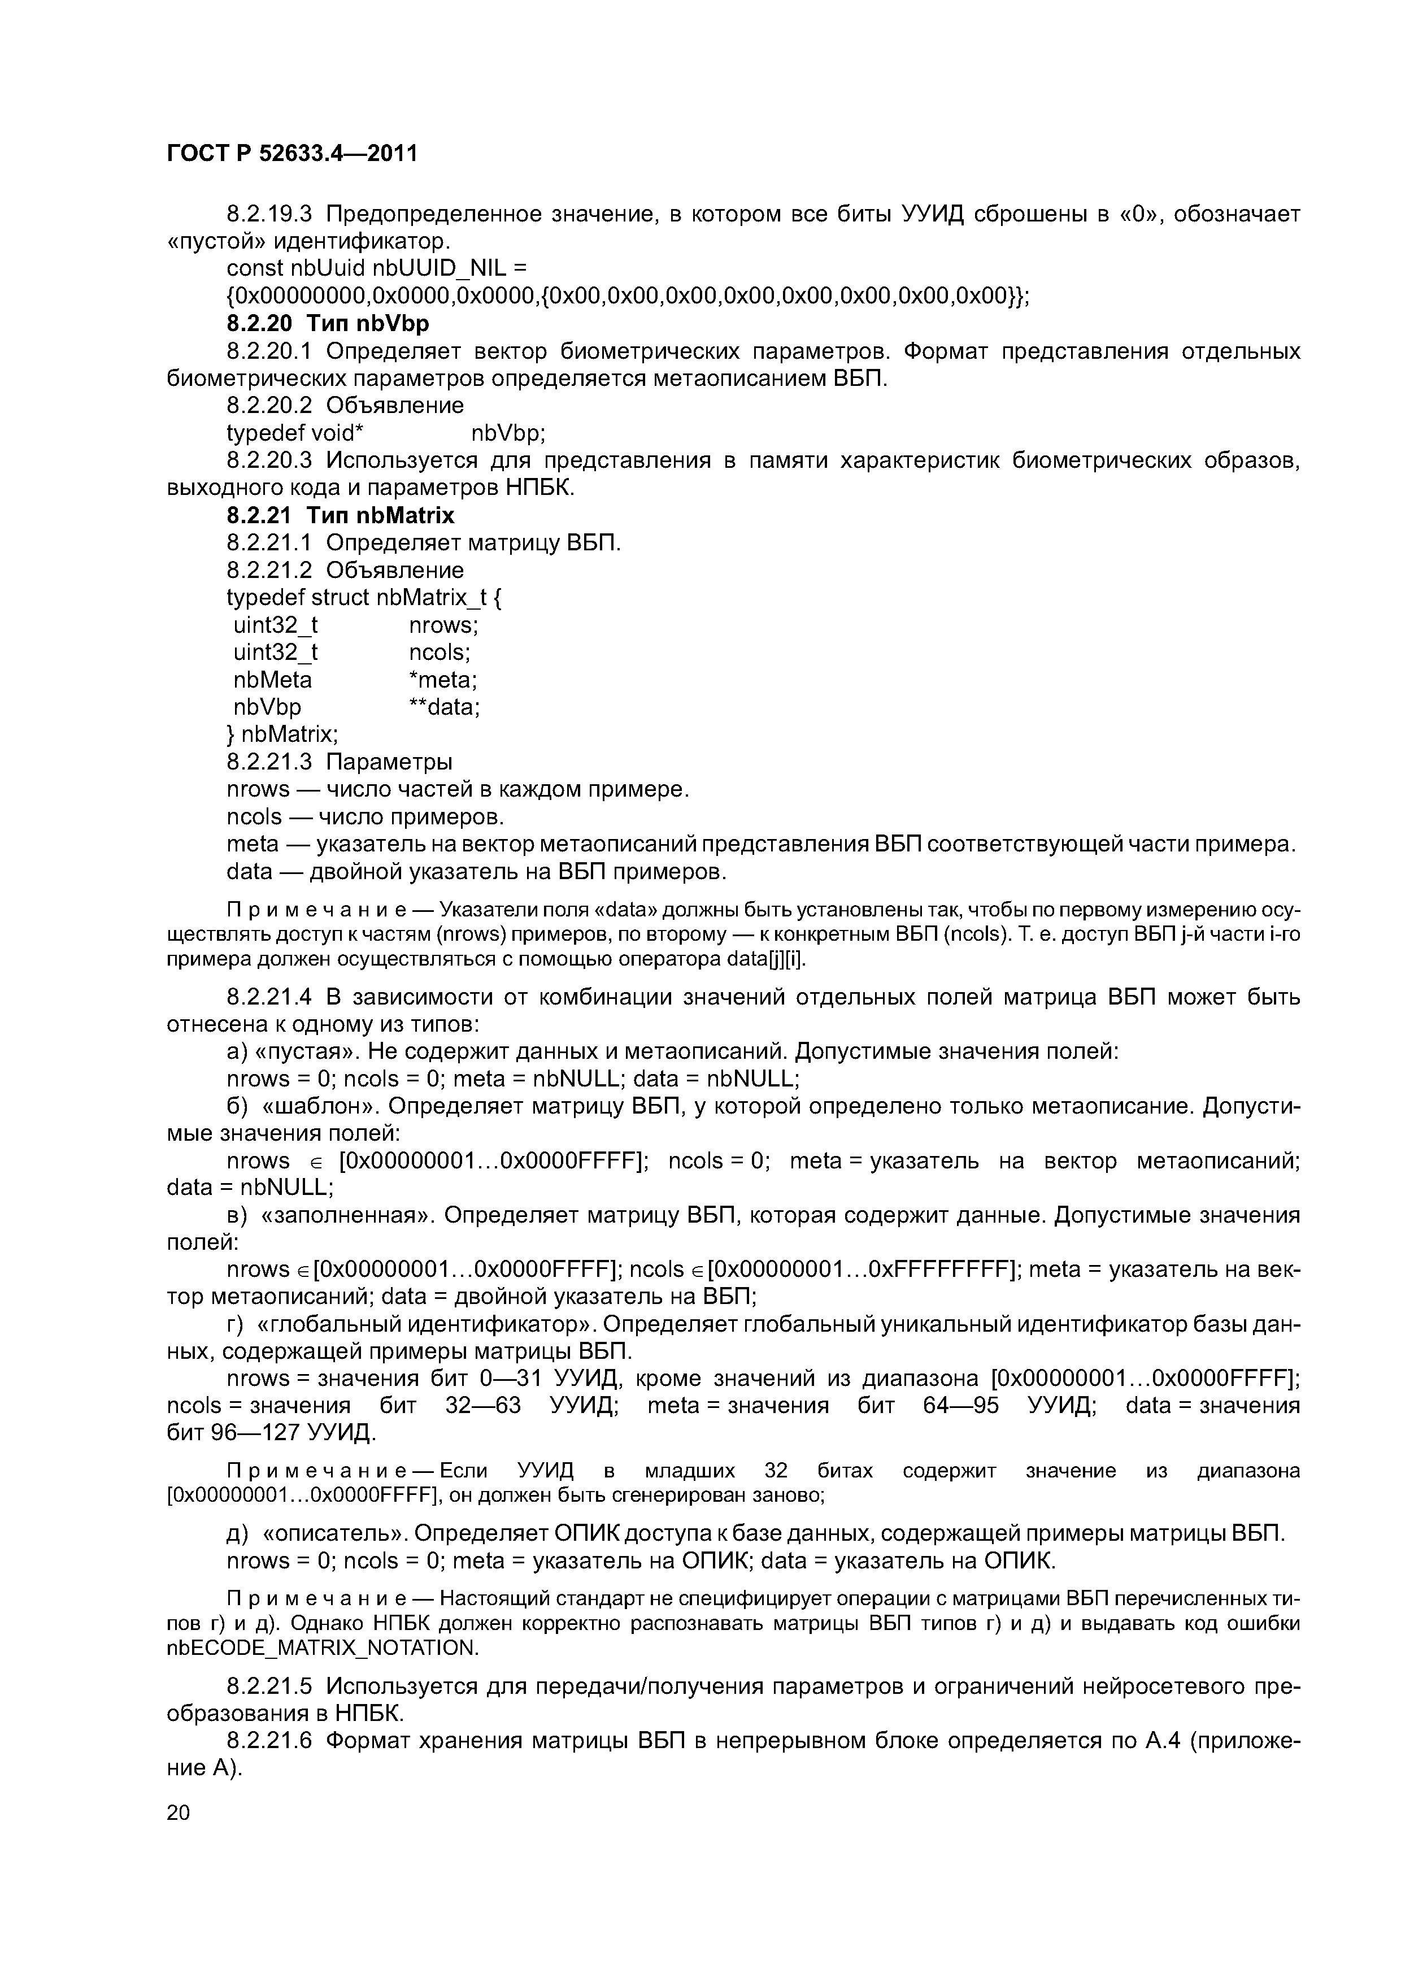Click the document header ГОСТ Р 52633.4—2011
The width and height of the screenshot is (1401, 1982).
pyautogui.click(x=291, y=154)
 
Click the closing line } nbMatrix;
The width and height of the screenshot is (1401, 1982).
pyautogui.click(x=282, y=734)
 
